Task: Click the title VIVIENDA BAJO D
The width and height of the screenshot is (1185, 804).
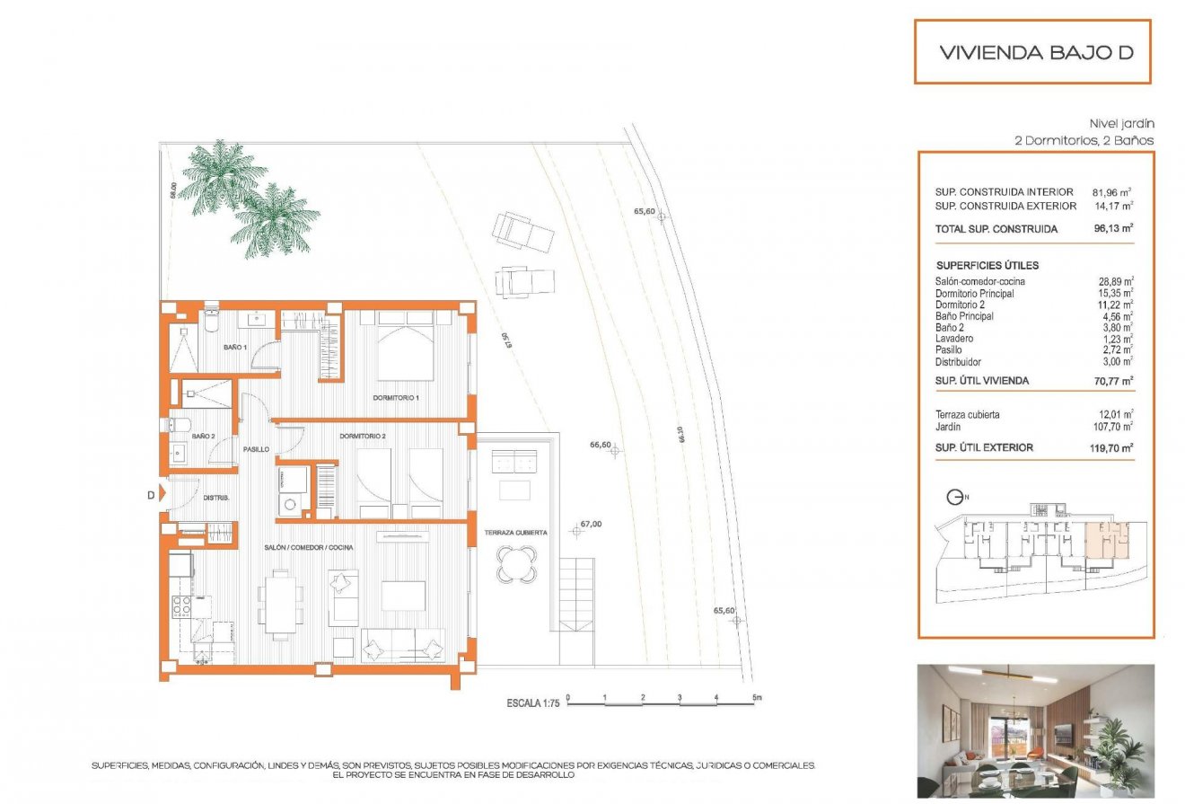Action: point(1036,52)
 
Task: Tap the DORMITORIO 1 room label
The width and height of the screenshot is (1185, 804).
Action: point(396,397)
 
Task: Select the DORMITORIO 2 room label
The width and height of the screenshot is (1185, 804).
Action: point(363,437)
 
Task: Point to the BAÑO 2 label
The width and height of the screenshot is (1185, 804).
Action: point(202,437)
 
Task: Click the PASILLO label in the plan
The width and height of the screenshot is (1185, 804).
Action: point(256,448)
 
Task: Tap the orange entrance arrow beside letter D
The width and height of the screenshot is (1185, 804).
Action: point(162,493)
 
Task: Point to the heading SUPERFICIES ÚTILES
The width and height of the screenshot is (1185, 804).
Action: point(987,266)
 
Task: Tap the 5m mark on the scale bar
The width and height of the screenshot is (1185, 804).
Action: point(756,697)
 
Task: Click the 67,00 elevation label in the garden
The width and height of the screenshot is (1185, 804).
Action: point(590,525)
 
